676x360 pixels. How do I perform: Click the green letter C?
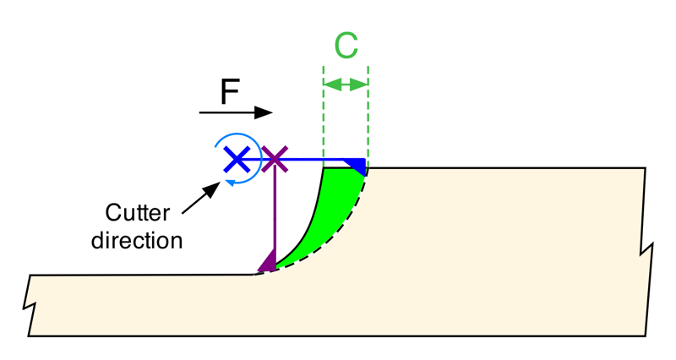pyautogui.click(x=346, y=45)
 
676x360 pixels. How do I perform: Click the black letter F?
pyautogui.click(x=229, y=92)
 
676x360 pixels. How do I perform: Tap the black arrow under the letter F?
pyautogui.click(x=236, y=112)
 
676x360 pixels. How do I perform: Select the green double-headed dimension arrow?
pyautogui.click(x=346, y=85)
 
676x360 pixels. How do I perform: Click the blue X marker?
pyautogui.click(x=237, y=159)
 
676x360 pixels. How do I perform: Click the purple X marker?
pyautogui.click(x=275, y=160)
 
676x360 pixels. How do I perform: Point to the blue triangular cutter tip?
pyautogui.click(x=356, y=166)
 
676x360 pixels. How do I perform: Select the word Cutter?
pyautogui.click(x=138, y=213)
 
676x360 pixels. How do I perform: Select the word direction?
pyautogui.click(x=137, y=240)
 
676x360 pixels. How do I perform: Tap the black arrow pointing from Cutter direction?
pyautogui.click(x=201, y=198)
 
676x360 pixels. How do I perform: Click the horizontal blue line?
pyautogui.click(x=302, y=160)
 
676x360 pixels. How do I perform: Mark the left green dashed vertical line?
pyautogui.click(x=324, y=117)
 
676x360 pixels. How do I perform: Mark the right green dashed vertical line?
pyautogui.click(x=368, y=117)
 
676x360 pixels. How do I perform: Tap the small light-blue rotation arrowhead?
pyautogui.click(x=231, y=183)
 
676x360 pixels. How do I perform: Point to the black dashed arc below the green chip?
pyautogui.click(x=328, y=239)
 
